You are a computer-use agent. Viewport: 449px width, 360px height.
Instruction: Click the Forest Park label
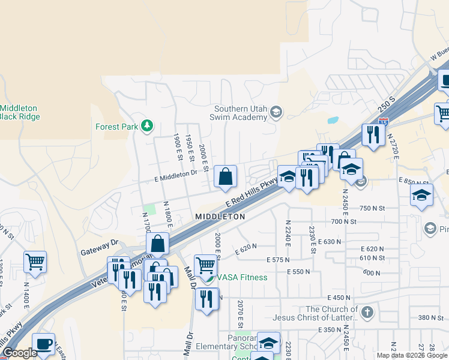(116, 127)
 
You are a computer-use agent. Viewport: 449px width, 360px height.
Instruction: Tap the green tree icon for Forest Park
(146, 126)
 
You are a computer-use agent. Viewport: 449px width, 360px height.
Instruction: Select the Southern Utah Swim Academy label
(240, 113)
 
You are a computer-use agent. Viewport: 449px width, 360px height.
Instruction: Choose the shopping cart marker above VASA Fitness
(206, 264)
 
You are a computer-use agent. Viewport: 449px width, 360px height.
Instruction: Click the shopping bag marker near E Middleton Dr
(225, 176)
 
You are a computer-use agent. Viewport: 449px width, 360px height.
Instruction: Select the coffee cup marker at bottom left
(43, 344)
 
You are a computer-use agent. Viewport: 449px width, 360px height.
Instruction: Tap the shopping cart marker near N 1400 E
(35, 261)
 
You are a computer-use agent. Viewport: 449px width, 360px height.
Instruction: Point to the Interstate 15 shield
(385, 121)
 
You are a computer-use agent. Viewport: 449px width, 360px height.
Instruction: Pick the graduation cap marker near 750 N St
(422, 195)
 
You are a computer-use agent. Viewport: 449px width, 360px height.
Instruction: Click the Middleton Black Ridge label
(20, 112)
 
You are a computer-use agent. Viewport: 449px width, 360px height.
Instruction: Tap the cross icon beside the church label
(367, 312)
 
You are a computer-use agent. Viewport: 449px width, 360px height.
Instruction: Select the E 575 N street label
(278, 260)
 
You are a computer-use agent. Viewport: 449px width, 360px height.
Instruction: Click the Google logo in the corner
(20, 353)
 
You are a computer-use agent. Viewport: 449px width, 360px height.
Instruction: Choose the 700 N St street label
(344, 221)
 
